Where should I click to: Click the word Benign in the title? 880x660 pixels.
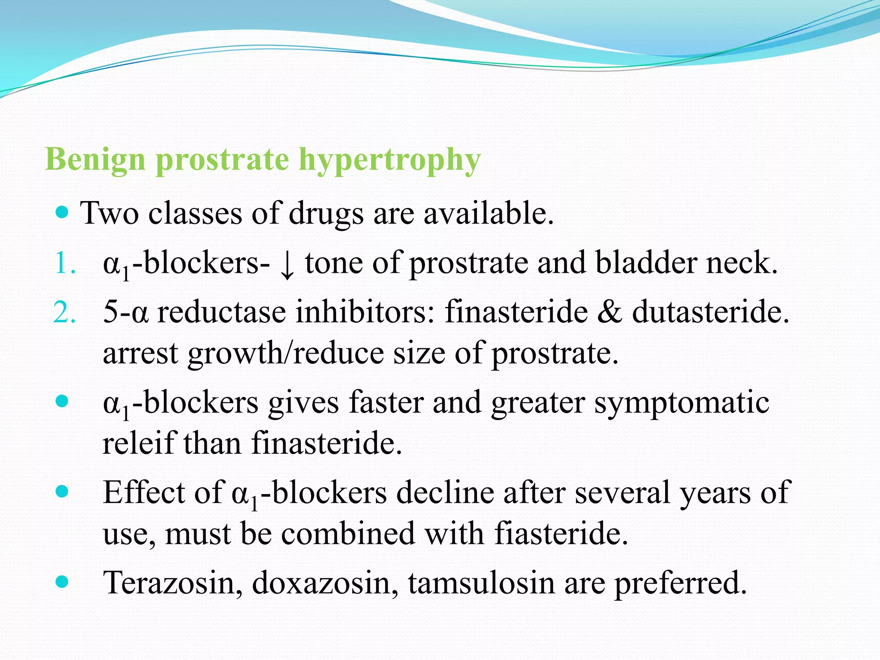click(95, 160)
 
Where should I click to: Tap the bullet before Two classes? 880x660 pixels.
click(62, 212)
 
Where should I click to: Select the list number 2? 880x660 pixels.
click(65, 312)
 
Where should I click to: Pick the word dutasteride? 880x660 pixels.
click(710, 311)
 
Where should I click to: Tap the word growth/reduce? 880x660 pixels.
click(286, 353)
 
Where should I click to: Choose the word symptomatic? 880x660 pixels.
click(681, 403)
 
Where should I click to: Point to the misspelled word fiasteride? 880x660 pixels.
click(561, 534)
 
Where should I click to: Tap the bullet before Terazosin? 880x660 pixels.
click(62, 582)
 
